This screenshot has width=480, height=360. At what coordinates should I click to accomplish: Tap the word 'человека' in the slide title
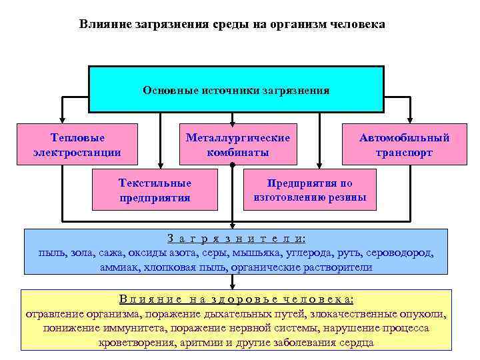[356, 24]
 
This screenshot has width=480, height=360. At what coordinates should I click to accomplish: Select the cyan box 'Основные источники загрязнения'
[236, 89]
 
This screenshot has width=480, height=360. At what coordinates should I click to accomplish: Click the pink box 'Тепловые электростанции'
[77, 145]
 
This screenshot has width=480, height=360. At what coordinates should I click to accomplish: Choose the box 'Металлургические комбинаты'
[237, 145]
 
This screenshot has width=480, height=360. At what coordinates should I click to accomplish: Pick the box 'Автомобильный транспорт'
[404, 145]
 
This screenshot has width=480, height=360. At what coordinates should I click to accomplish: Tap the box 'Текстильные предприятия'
[155, 189]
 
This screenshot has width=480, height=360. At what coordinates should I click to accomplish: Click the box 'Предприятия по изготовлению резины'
[309, 189]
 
